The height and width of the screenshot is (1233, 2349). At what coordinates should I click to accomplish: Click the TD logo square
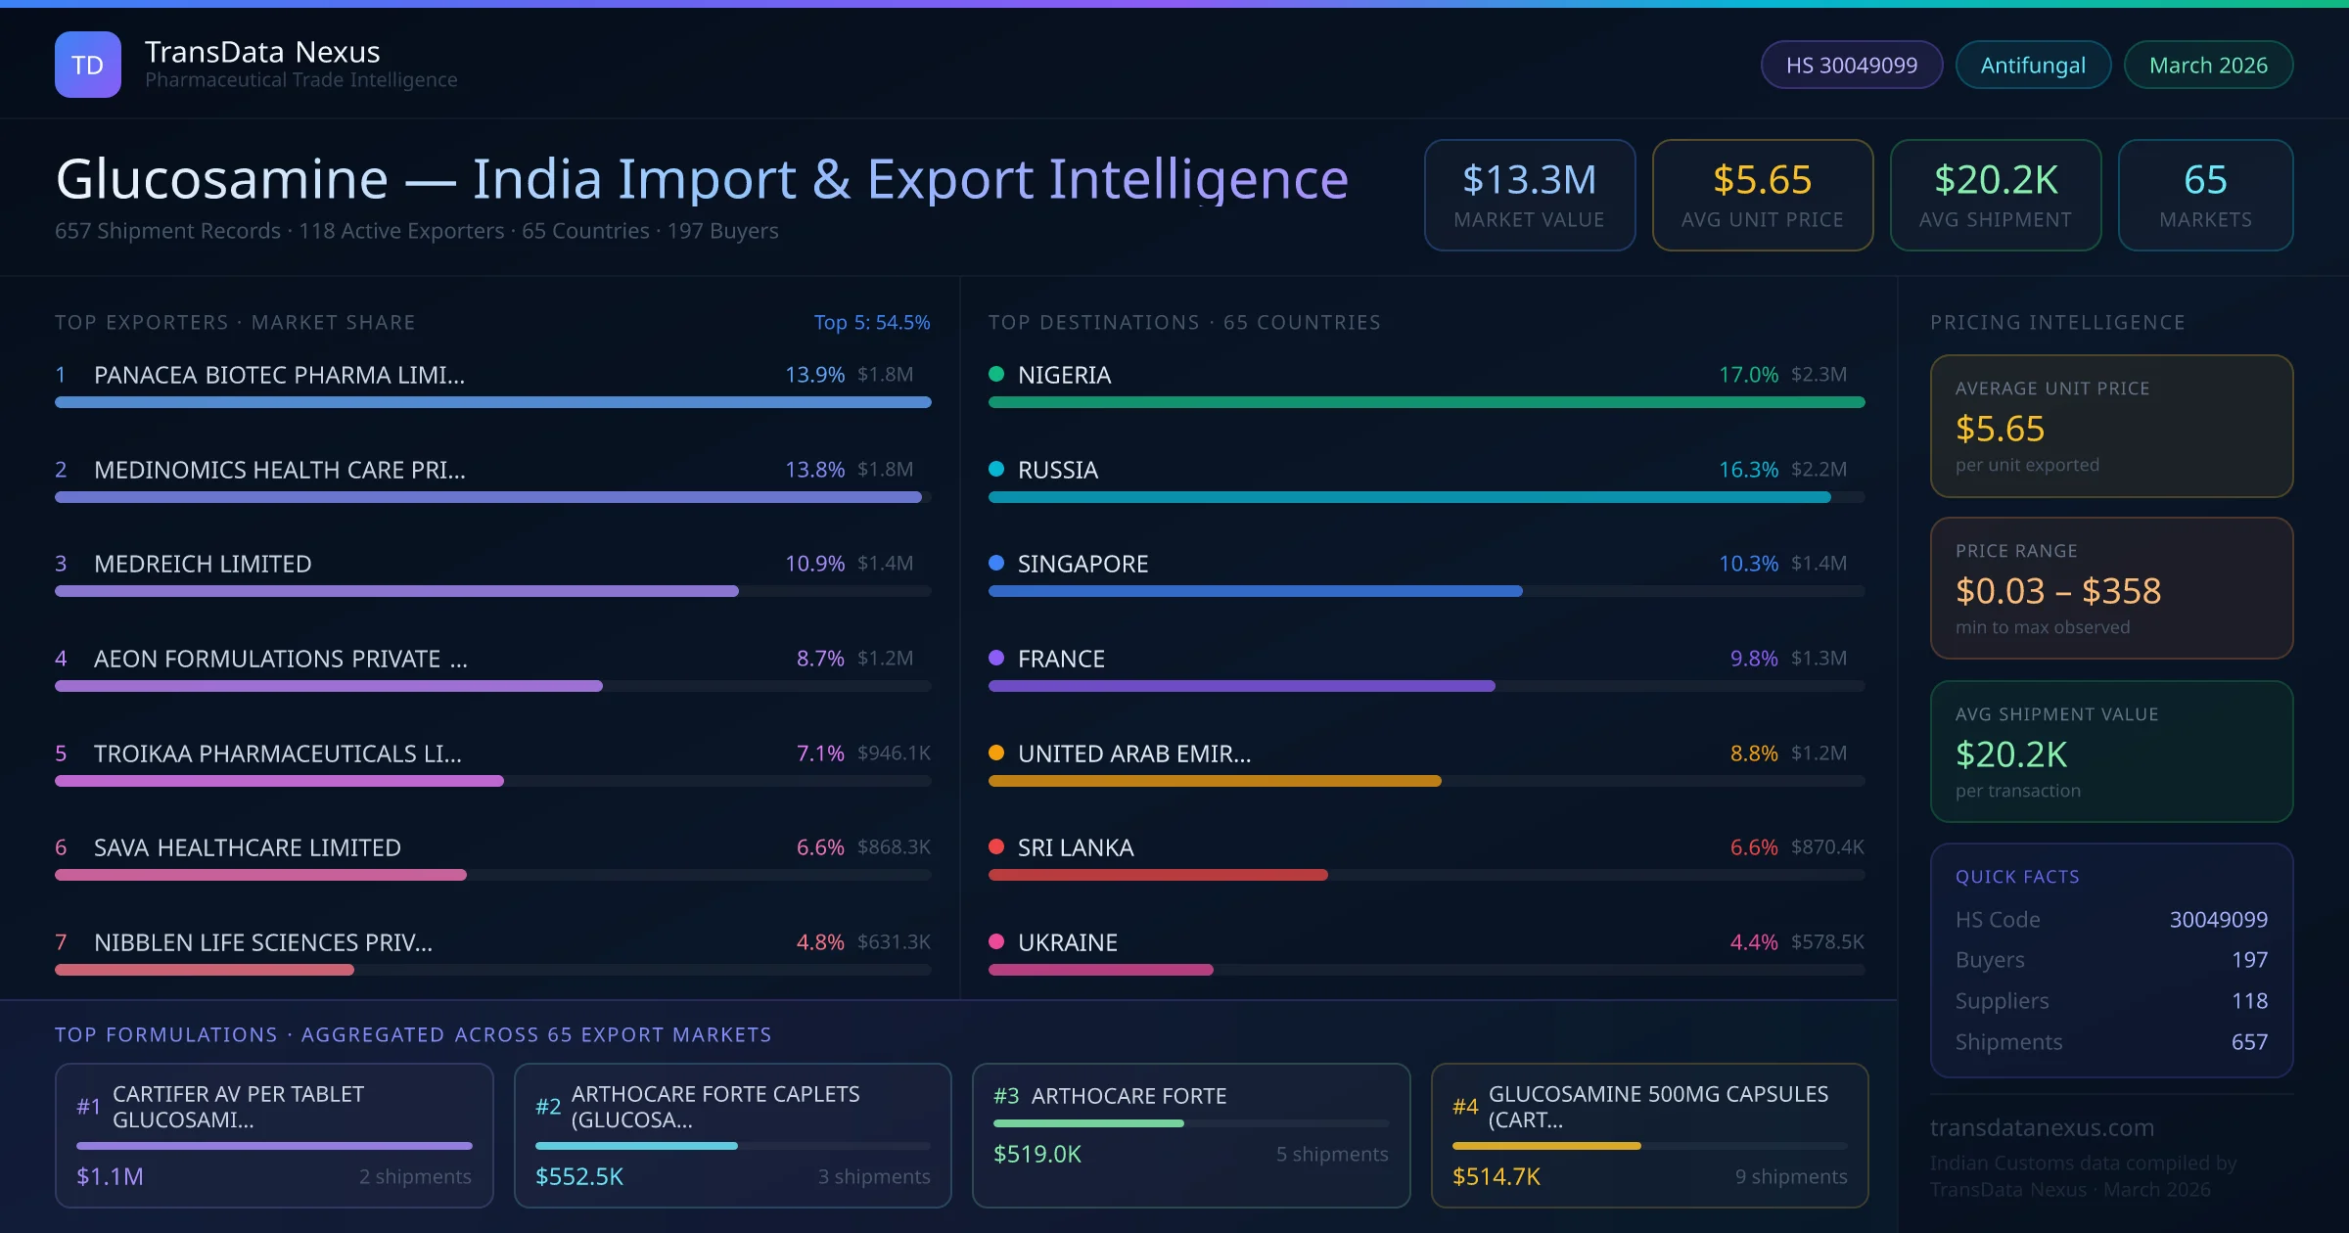[88, 65]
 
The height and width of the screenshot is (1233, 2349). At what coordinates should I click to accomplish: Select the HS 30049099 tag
[1851, 65]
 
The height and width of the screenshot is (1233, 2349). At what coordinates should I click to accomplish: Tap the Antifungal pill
[2033, 65]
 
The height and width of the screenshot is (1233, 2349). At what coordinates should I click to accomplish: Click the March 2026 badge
[2208, 65]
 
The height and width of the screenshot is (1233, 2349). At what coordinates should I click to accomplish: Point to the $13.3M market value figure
[1529, 180]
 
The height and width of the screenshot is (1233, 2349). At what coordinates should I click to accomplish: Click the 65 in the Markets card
[2205, 180]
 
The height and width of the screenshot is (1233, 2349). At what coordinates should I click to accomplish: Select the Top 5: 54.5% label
[871, 322]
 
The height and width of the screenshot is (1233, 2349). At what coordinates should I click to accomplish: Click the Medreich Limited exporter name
[203, 564]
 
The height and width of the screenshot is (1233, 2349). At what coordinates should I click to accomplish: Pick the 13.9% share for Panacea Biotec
[814, 375]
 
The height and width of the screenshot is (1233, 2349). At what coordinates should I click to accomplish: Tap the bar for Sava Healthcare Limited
[260, 875]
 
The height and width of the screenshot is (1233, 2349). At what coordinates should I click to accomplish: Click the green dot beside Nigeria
[996, 374]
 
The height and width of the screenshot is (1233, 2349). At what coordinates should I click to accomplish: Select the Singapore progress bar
[1255, 591]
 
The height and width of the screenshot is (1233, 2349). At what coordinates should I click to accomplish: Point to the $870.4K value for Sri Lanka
[1827, 847]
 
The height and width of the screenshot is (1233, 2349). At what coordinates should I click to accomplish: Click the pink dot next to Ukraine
[996, 941]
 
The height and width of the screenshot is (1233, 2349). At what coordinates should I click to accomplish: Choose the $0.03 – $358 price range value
[2057, 591]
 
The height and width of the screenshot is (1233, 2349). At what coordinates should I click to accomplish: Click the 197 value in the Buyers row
[2249, 960]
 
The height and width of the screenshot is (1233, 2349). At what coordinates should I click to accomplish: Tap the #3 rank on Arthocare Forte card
[1006, 1096]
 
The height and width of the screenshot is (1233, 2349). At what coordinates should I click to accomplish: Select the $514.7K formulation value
[1496, 1176]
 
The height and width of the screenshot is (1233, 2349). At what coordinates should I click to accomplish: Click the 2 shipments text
[415, 1176]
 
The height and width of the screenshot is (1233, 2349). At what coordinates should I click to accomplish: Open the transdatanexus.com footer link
[2042, 1127]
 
